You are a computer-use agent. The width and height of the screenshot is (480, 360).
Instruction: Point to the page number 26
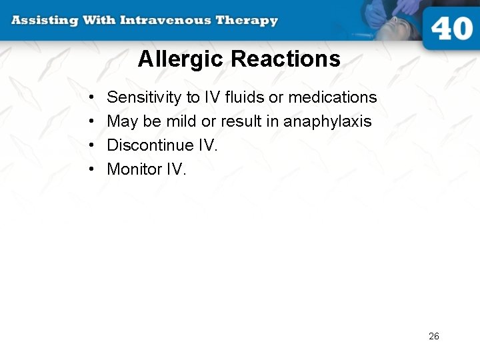coord(434,336)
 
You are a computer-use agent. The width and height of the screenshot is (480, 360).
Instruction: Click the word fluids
coord(245,97)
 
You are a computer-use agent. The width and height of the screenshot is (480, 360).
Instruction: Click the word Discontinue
coord(144,145)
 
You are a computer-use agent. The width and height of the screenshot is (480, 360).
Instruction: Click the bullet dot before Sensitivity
coord(91,98)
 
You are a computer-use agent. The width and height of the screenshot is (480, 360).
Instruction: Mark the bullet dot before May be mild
coord(91,122)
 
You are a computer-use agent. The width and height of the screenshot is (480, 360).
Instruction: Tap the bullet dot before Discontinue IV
coord(91,146)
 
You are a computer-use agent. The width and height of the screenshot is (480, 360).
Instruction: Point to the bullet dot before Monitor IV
coord(91,170)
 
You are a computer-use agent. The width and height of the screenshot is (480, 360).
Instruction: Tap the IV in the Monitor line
coord(175,169)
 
